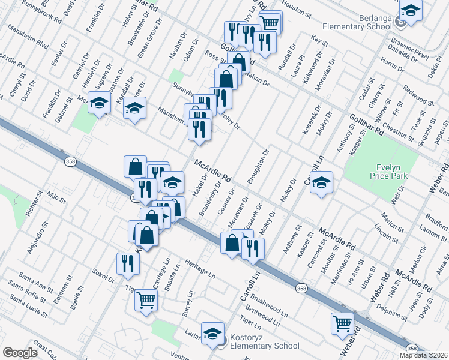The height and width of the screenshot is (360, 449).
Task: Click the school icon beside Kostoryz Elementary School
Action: [x=212, y=333]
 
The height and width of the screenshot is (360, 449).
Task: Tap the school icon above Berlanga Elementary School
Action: [x=411, y=11]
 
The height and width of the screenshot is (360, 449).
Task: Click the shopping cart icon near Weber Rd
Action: [x=342, y=322]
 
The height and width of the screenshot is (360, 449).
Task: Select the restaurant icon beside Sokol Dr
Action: [x=127, y=263]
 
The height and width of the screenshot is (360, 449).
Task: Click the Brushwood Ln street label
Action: [x=270, y=294]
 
